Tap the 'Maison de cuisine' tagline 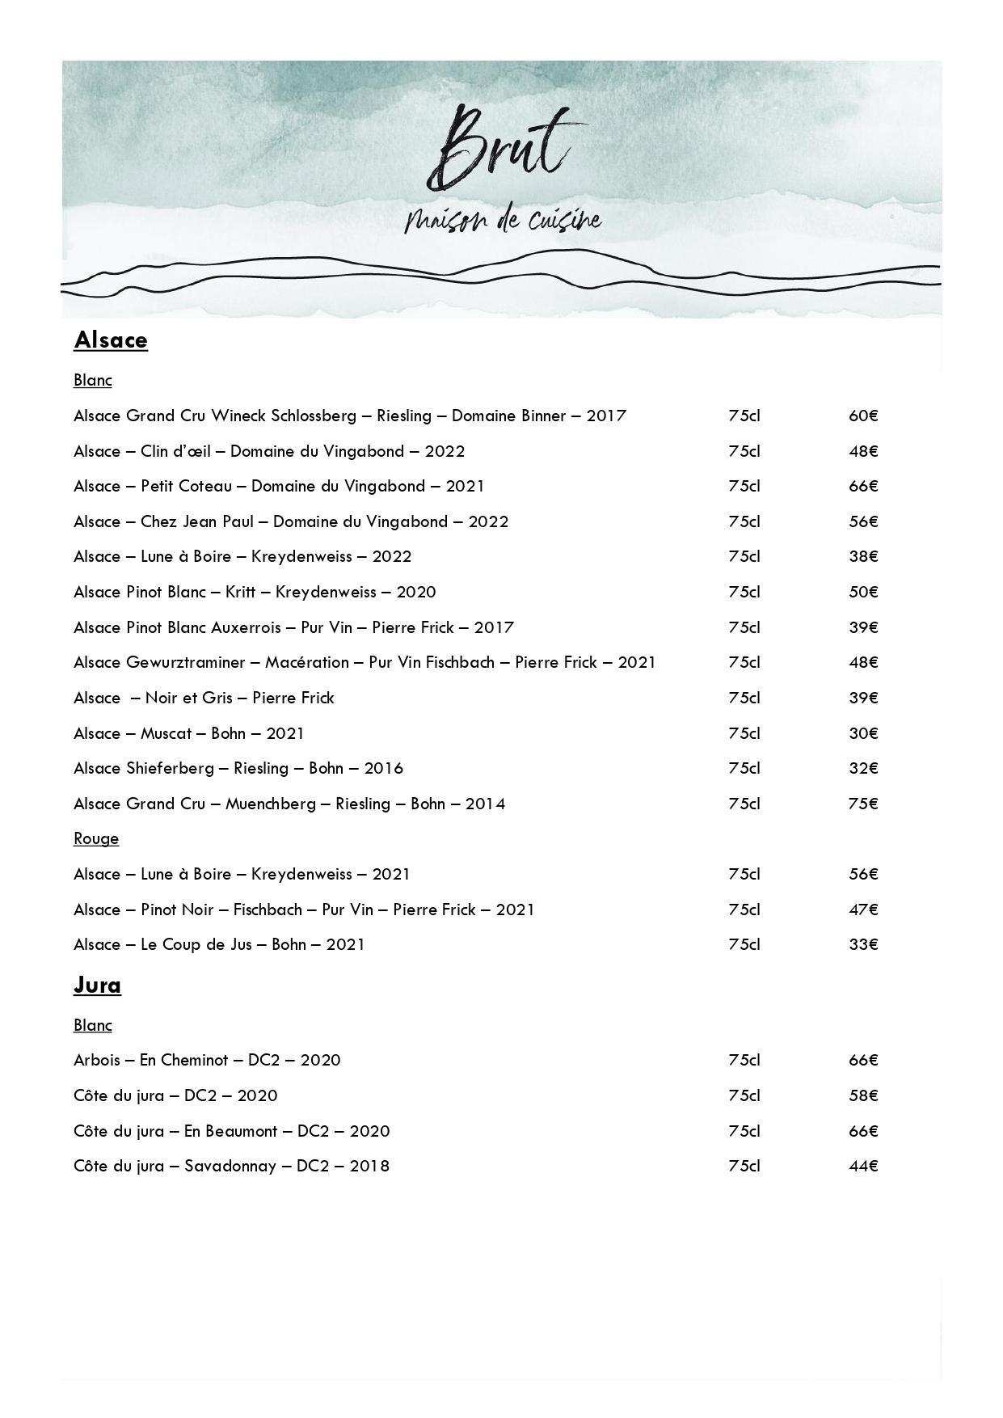click(x=503, y=221)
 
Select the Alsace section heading click(x=111, y=340)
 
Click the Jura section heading click(x=97, y=985)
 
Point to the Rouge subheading click(x=96, y=838)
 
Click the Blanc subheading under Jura click(x=92, y=1025)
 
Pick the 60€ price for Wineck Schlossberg click(x=862, y=416)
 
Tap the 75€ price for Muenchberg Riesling click(x=862, y=804)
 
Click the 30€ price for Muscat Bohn click(x=862, y=733)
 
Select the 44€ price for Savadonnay click(x=862, y=1166)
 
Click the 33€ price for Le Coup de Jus click(x=862, y=944)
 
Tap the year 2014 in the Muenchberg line click(x=485, y=804)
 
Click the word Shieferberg click(x=170, y=768)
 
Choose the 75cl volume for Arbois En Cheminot click(x=744, y=1060)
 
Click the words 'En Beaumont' click(x=230, y=1131)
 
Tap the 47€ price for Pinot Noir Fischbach click(x=862, y=909)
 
